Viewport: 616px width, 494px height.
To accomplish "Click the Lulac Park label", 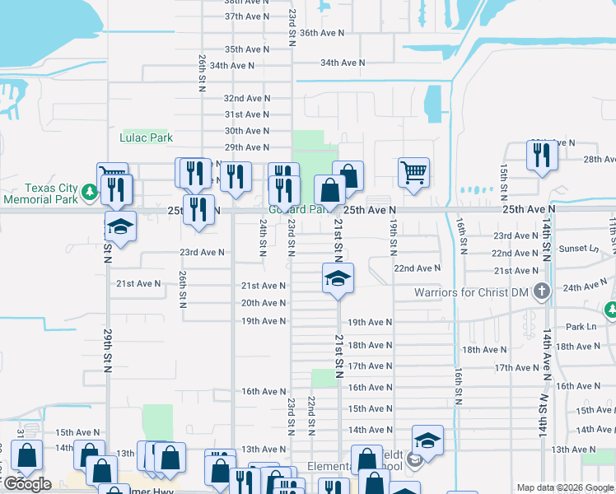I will [x=147, y=137].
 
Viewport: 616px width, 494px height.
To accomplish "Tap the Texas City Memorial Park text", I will [x=39, y=193].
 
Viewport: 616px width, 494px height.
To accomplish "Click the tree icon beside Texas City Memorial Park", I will [x=89, y=193].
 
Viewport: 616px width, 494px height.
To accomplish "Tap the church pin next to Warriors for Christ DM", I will [x=541, y=291].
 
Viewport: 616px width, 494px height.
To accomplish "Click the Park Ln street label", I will [x=581, y=327].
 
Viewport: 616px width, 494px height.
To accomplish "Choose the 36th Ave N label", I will [x=321, y=33].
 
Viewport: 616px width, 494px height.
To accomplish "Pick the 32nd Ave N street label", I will [x=247, y=98].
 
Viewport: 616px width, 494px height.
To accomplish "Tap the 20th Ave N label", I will [x=264, y=303].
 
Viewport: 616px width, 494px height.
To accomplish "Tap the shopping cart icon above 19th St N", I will [x=413, y=173].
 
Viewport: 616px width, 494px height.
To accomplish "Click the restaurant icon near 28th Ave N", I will [x=541, y=155].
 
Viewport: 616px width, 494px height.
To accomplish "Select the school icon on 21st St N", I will [x=337, y=279].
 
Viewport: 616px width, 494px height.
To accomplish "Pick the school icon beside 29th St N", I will [x=121, y=226].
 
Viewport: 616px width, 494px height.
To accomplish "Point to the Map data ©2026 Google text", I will [x=565, y=487].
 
